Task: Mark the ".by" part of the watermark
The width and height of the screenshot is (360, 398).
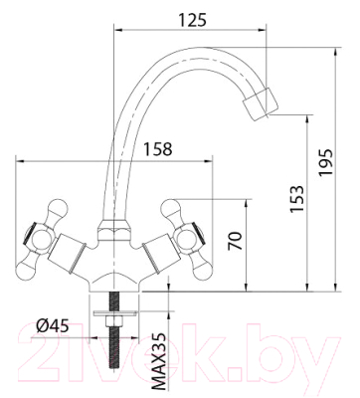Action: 308,353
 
